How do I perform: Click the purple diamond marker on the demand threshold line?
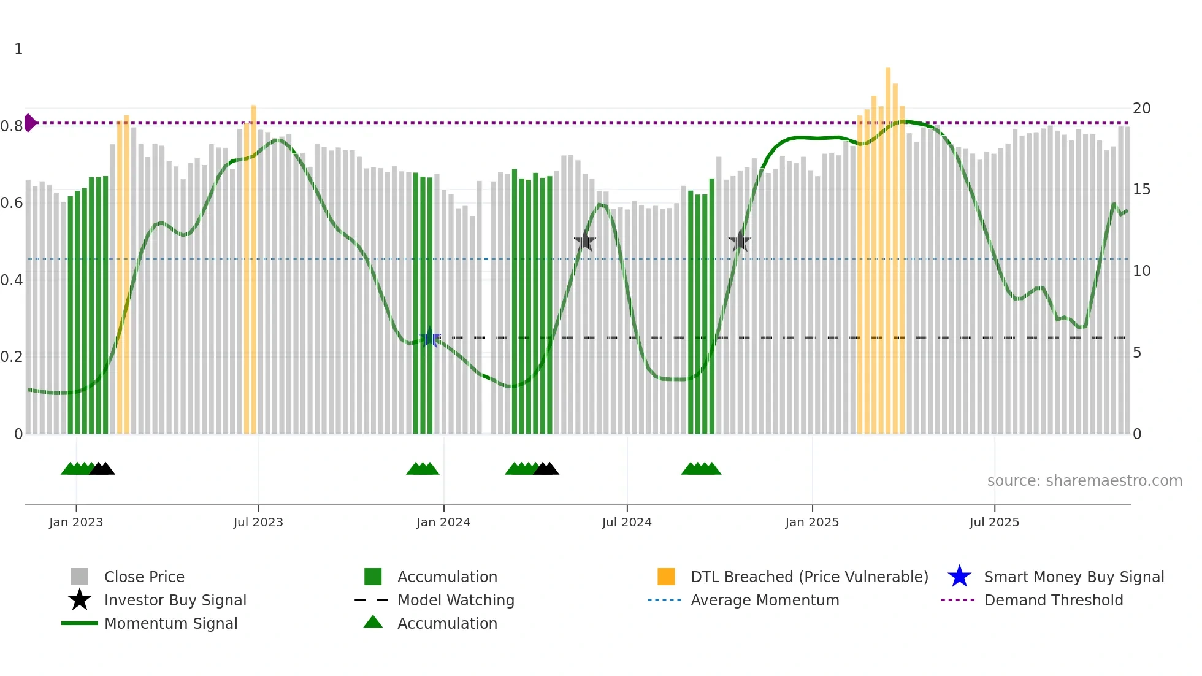point(29,123)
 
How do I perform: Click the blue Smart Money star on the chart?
point(430,337)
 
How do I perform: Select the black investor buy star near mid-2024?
point(585,241)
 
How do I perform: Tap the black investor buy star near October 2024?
point(740,241)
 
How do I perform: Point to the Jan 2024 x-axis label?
point(443,522)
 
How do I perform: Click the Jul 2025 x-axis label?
point(994,522)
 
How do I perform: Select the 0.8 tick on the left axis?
point(12,126)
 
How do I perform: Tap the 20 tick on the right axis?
point(1141,109)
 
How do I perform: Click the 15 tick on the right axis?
point(1141,190)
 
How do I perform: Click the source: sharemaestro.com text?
point(1084,481)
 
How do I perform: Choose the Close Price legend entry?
point(144,577)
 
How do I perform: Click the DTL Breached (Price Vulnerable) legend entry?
point(809,577)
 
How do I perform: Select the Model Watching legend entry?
point(456,600)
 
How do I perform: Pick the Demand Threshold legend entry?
point(1053,600)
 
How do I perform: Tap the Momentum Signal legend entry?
point(170,623)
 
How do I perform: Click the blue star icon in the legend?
point(959,577)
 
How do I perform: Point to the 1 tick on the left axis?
point(18,49)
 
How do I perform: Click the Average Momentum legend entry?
point(764,600)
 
